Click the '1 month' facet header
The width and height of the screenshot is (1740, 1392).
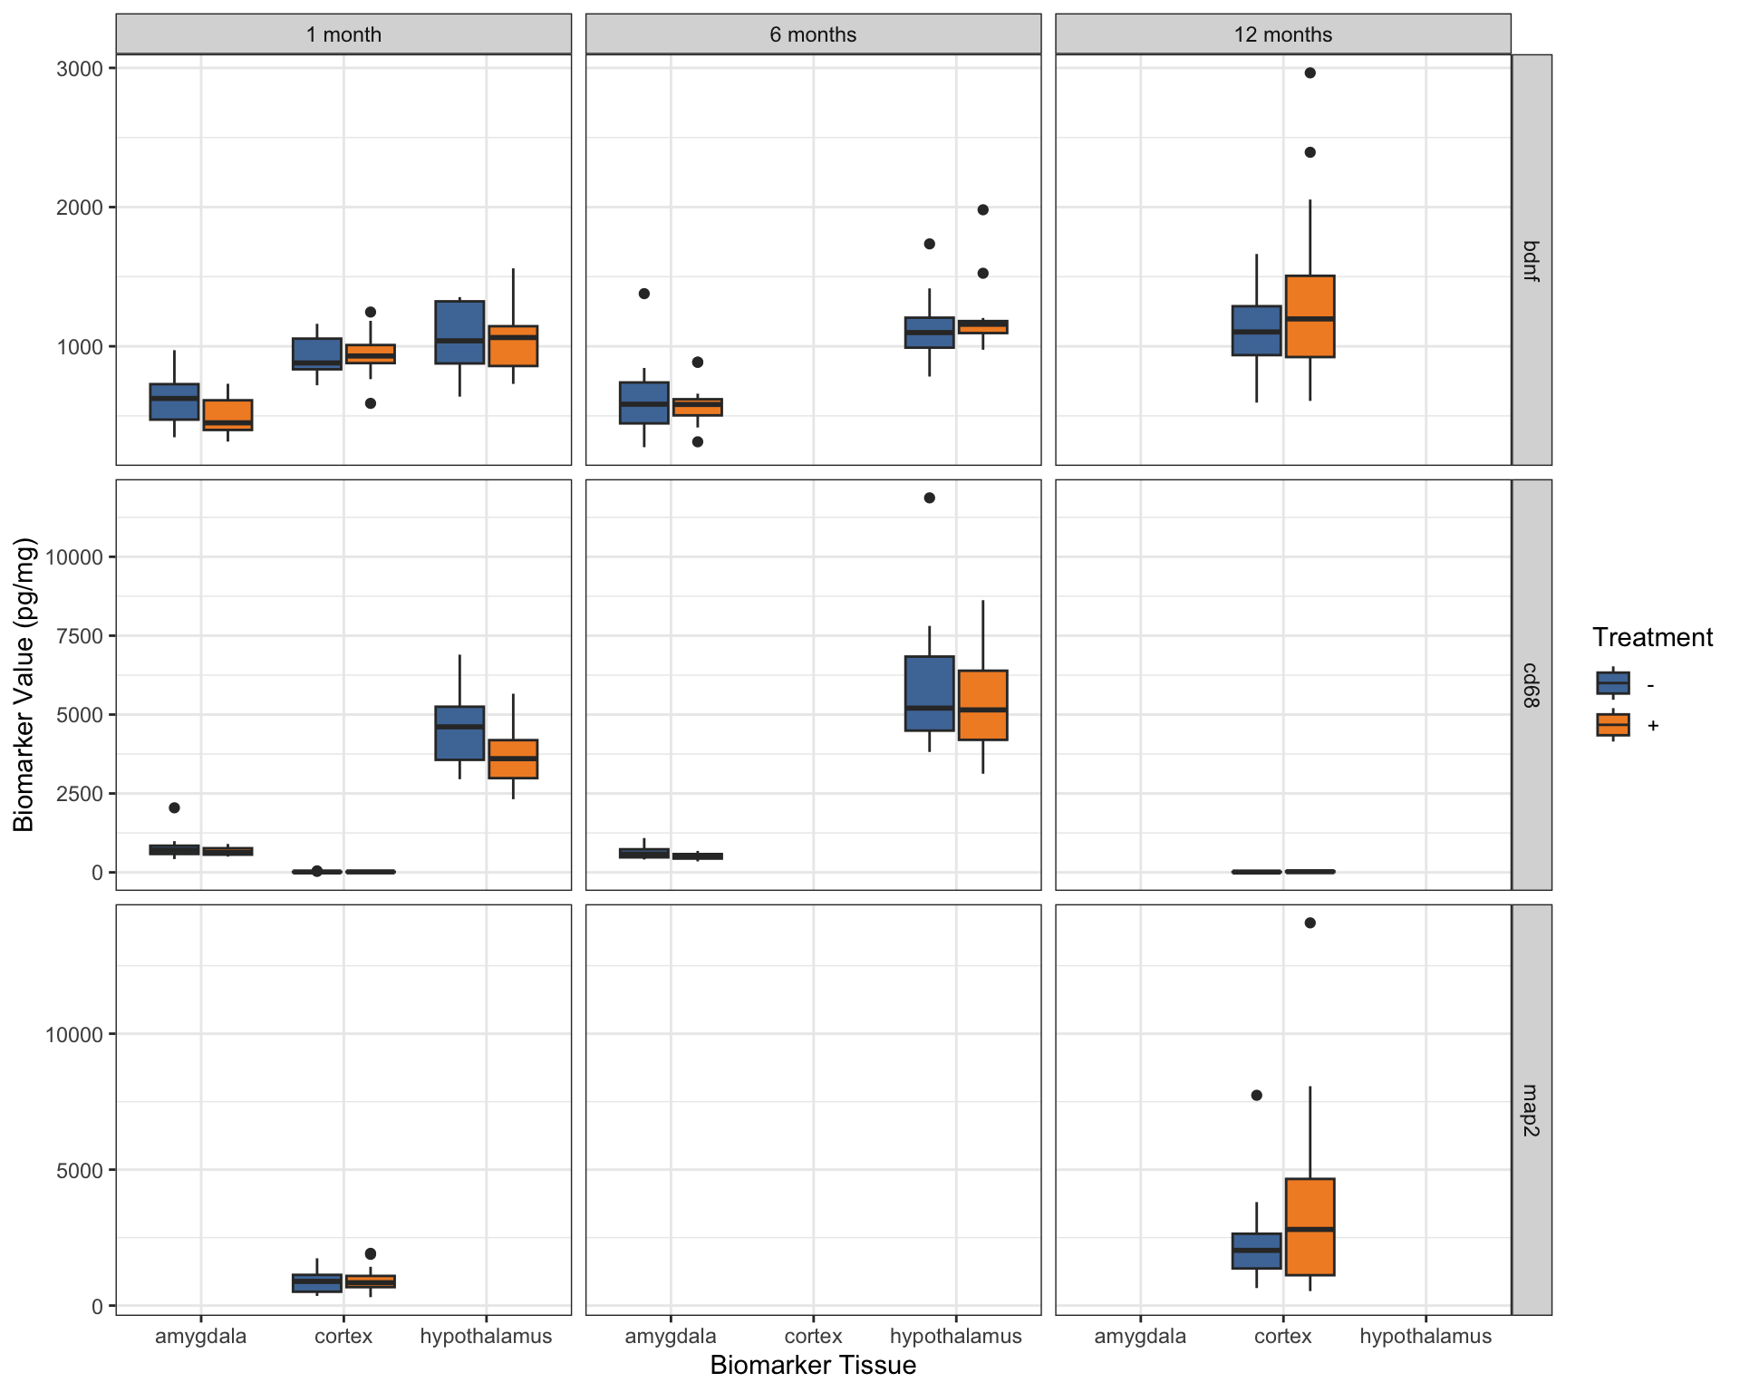click(343, 34)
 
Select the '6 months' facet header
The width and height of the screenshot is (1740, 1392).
click(813, 34)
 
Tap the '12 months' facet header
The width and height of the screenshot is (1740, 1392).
click(1282, 34)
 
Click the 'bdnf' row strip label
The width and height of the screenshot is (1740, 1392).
click(1531, 260)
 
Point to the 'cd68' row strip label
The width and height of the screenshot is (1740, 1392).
click(1531, 685)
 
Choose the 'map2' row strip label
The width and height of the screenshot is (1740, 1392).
click(1531, 1110)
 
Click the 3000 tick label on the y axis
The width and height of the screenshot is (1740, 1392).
click(80, 69)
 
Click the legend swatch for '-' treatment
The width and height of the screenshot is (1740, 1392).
click(1612, 683)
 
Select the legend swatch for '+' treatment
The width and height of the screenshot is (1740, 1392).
click(1612, 725)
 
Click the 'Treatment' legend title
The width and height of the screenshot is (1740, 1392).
click(1652, 638)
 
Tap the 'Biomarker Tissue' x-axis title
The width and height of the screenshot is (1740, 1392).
click(813, 1366)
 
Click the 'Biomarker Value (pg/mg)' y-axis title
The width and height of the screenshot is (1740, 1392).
click(24, 685)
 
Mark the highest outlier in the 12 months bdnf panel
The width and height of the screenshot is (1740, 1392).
click(1310, 73)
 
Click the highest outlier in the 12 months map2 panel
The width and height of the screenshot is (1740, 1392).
click(1310, 923)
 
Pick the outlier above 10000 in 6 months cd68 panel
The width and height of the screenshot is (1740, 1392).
click(929, 498)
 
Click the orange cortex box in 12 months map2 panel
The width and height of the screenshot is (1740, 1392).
click(1310, 1227)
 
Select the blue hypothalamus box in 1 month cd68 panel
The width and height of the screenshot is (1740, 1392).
click(459, 733)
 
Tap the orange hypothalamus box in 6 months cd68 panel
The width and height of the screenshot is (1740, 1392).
click(982, 705)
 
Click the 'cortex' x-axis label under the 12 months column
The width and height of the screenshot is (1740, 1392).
click(1282, 1337)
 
